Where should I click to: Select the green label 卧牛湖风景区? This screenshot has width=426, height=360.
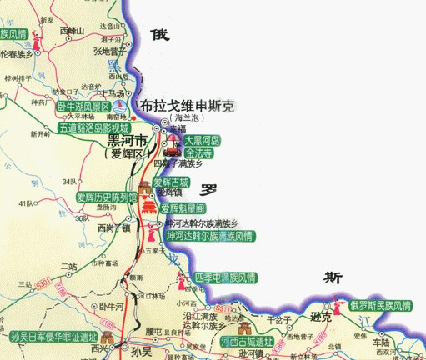(83, 107)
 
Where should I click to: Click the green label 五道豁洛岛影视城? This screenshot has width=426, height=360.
(93, 127)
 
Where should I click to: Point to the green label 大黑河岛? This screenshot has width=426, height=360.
(200, 141)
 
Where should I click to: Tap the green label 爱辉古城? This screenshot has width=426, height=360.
(171, 182)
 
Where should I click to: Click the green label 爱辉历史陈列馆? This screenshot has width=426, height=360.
(105, 197)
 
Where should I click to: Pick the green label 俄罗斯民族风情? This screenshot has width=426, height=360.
(380, 306)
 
